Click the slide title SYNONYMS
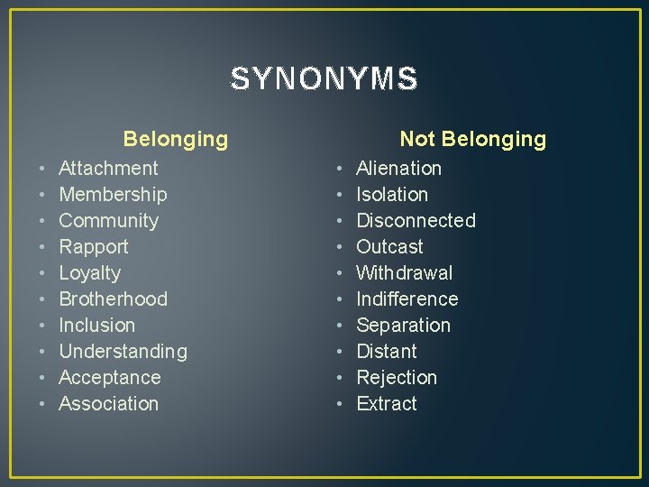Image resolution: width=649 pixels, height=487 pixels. point(324,79)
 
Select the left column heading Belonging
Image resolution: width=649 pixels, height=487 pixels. point(176,139)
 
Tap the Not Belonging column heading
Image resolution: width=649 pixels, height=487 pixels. point(472,139)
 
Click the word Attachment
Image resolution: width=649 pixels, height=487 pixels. point(108,168)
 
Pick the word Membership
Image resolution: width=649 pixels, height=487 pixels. point(113,194)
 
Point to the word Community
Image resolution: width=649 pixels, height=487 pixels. point(108,220)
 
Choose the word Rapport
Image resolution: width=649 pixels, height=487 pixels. point(94,246)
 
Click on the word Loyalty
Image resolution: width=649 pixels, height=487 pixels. point(89,272)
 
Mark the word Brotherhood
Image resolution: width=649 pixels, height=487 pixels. point(113,299)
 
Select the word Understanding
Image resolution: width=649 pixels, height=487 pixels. point(123,351)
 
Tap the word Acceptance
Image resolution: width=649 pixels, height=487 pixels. point(109,377)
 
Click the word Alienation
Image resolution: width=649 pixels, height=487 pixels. point(399,168)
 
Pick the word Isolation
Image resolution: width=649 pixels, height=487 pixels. point(392,194)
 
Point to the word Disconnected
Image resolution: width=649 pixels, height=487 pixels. point(416,220)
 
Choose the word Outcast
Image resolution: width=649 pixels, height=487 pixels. point(389,246)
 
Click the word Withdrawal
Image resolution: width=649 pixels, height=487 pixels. point(405,272)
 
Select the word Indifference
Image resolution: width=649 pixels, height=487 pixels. point(407,299)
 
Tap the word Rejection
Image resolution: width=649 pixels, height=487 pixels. point(397,377)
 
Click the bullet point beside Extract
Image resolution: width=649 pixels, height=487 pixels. point(340,404)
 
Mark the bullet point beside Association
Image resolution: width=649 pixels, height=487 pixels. point(42,404)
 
